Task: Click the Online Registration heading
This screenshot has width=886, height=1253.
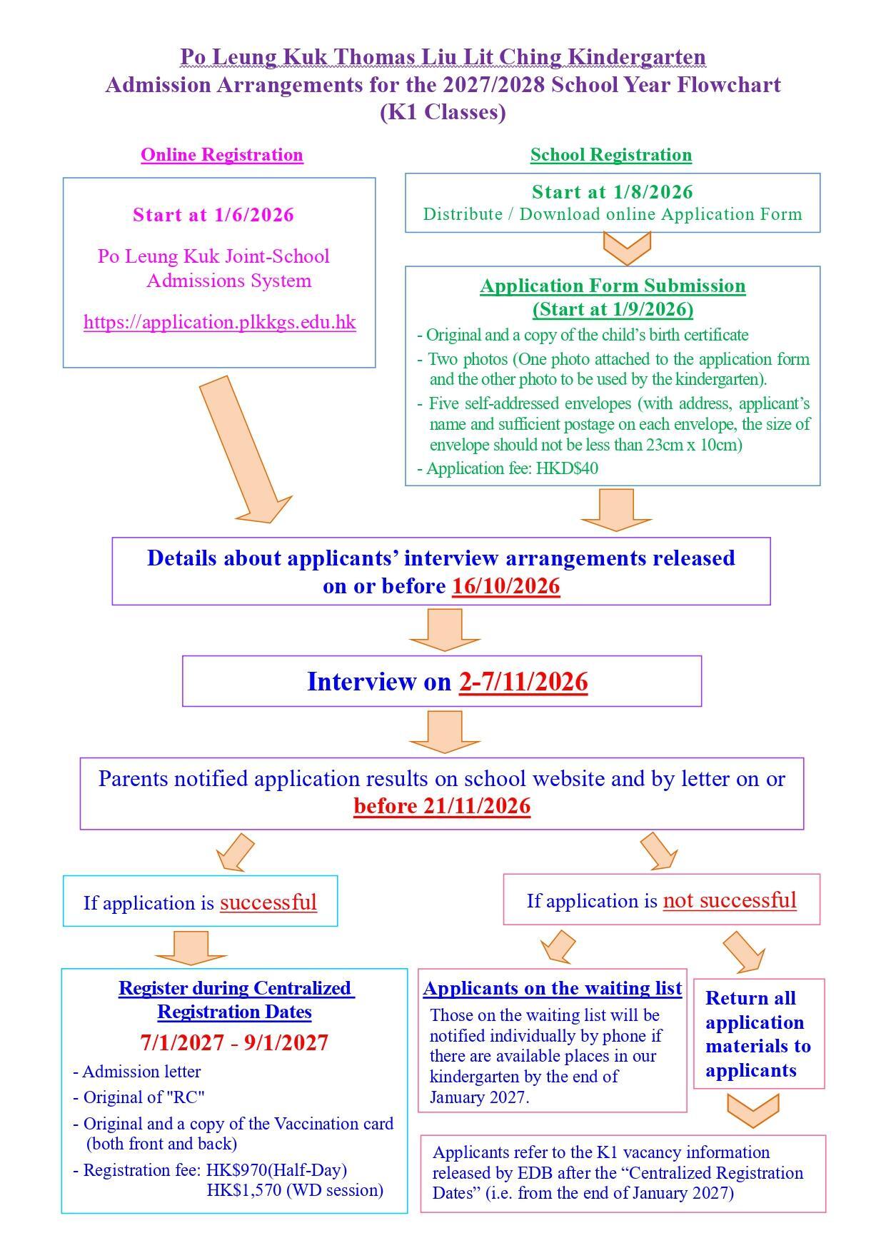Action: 222,155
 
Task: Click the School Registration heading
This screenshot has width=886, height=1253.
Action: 611,155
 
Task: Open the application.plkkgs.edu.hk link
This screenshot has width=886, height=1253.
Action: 220,322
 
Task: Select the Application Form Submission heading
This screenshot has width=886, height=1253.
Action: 613,286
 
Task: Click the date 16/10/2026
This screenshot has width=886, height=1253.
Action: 506,586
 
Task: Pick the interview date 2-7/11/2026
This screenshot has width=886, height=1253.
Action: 523,682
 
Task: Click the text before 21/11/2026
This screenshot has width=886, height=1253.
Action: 442,806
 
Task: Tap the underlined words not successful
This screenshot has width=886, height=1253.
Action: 730,900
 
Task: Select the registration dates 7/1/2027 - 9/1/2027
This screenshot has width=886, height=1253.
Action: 235,1043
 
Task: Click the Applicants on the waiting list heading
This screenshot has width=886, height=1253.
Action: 553,988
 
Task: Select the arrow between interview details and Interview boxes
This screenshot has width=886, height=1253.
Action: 444,630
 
